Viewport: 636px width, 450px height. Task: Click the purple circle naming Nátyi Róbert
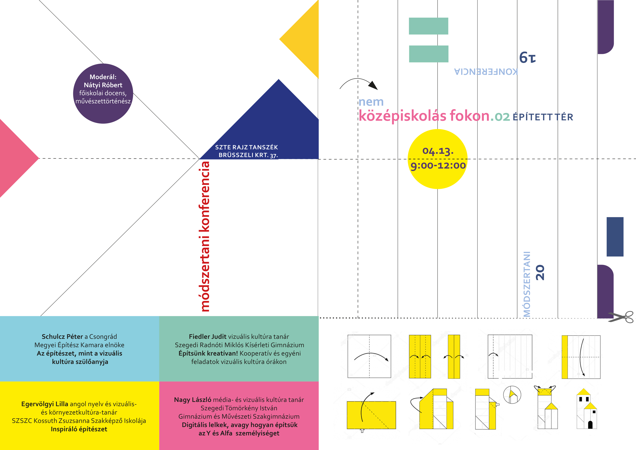[103, 93]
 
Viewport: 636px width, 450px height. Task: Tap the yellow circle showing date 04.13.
[438, 159]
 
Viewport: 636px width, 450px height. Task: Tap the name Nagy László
[193, 400]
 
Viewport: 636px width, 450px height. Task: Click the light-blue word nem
[371, 102]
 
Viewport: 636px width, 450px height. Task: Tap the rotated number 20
[540, 272]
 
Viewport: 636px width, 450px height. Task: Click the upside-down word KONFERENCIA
[486, 71]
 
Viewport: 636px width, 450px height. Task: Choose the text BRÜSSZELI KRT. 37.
[248, 155]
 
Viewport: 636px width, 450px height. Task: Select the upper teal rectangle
[429, 26]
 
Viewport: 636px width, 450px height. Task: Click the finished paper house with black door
[587, 409]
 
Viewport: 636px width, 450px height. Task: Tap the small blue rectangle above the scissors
[615, 237]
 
